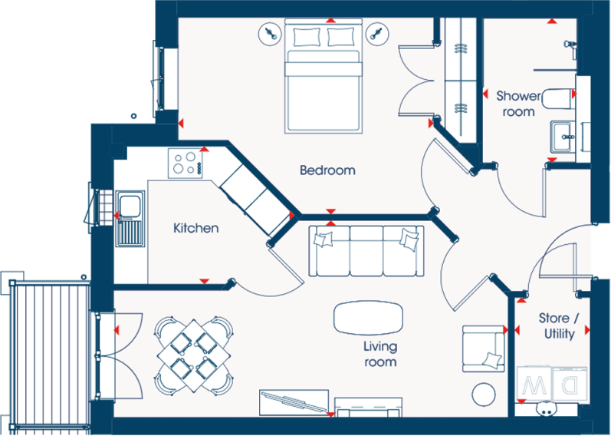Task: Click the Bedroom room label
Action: [327, 170]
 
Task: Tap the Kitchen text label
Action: [195, 228]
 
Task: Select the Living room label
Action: [379, 354]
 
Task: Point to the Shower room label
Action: [518, 104]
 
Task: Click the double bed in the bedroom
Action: [323, 77]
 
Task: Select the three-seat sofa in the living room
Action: [366, 250]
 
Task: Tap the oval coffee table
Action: [368, 317]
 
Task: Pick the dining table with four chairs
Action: [194, 354]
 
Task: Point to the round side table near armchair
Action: [483, 395]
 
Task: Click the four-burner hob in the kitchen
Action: [186, 163]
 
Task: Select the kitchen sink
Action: [128, 207]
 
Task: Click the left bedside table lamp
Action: [270, 34]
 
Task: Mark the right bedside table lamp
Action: [375, 34]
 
